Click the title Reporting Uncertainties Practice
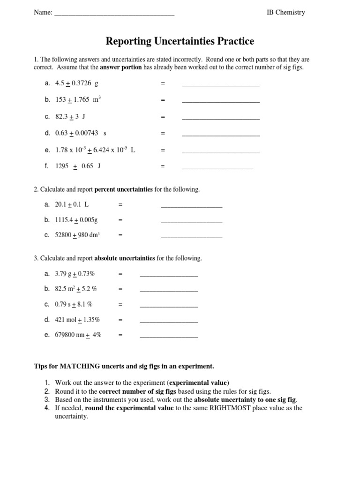[180, 41]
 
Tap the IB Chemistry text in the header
[285, 13]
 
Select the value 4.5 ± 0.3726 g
[76, 83]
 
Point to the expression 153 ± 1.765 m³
[78, 99]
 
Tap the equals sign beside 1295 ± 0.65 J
[163, 166]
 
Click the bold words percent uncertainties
[124, 189]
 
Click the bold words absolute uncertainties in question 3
[125, 258]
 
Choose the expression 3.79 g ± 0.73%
[78, 274]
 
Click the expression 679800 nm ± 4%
[78, 335]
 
